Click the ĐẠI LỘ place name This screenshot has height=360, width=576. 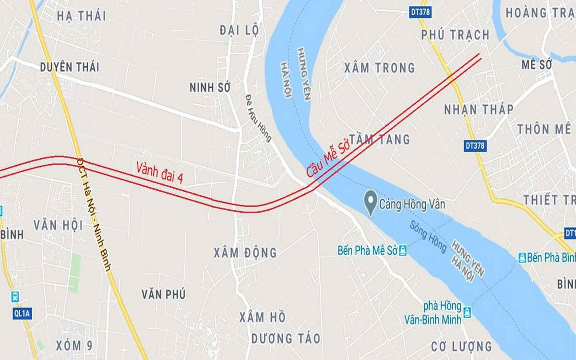(x=239, y=31)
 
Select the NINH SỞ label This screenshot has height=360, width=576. (x=210, y=87)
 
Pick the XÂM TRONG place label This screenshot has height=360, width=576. (x=380, y=68)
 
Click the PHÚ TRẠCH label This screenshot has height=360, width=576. (x=455, y=35)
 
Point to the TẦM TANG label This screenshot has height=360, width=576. (x=380, y=139)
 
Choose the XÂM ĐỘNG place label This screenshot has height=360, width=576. (x=246, y=252)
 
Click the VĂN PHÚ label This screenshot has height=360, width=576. (x=164, y=294)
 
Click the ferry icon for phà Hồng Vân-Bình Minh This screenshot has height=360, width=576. (x=467, y=312)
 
